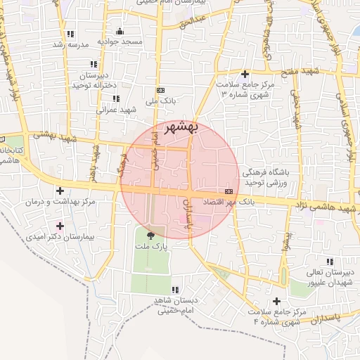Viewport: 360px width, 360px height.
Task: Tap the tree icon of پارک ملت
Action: pyautogui.click(x=150, y=235)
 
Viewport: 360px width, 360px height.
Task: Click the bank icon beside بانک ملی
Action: pyautogui.click(x=161, y=91)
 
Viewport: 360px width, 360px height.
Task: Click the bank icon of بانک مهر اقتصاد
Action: pyautogui.click(x=229, y=191)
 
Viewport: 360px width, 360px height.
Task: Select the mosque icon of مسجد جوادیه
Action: pyautogui.click(x=120, y=31)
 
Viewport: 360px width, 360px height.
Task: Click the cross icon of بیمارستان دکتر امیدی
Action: pyautogui.click(x=60, y=226)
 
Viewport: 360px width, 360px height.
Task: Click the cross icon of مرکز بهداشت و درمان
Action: pyautogui.click(x=60, y=190)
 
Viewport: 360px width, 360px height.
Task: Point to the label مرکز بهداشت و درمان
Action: pyautogui.click(x=60, y=202)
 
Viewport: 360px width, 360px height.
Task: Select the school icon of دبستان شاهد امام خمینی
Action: pyautogui.click(x=175, y=289)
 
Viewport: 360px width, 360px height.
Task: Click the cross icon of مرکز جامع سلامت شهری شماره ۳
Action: pyautogui.click(x=245, y=74)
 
